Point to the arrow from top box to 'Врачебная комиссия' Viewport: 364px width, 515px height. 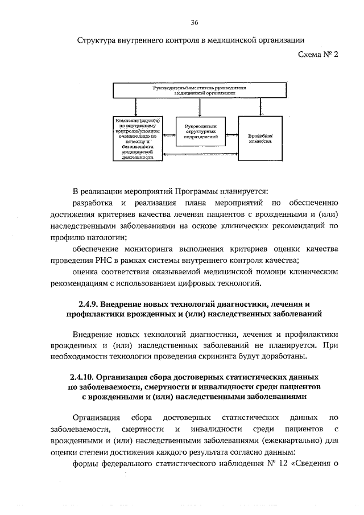click(262, 107)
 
